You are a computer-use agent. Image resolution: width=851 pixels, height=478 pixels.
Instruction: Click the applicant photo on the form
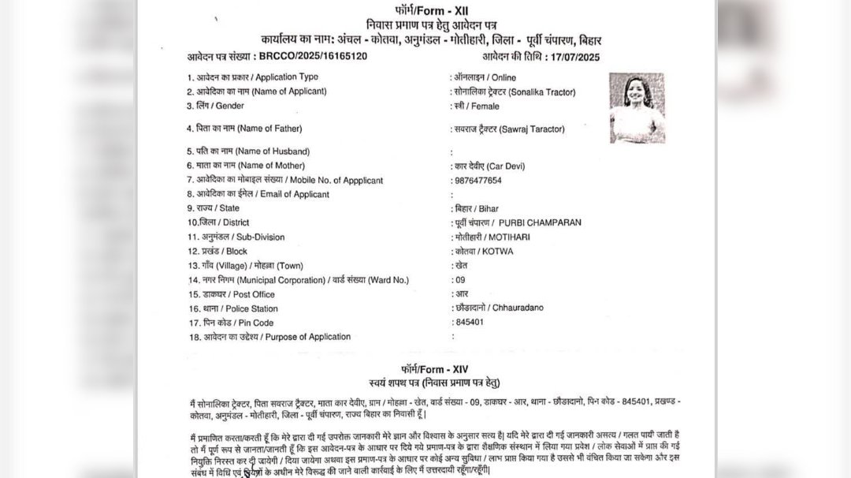coord(637,108)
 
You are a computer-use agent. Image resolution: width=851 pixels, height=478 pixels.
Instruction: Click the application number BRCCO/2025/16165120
coord(313,57)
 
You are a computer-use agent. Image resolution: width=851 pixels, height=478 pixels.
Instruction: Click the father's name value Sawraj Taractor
coord(508,129)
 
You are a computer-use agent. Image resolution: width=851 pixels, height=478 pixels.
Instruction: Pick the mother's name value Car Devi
coord(489,166)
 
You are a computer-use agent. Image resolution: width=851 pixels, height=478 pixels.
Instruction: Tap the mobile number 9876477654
coord(478,181)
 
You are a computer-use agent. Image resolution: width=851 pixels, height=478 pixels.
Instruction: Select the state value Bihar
coord(476,209)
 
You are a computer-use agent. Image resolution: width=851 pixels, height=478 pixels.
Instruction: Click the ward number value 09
coord(460,280)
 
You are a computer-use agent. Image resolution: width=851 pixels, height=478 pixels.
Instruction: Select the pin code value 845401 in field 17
coord(470,323)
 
